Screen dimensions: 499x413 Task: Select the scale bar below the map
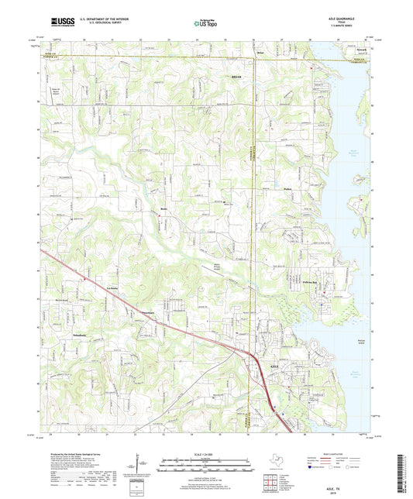[x=205, y=463]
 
